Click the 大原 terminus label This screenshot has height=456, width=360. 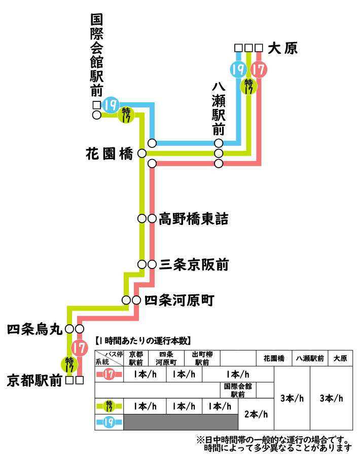tap(283, 49)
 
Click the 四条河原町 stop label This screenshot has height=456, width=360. tap(179, 300)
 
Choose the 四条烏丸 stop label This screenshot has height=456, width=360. tap(34, 330)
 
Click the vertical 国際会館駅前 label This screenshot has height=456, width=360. tap(96, 56)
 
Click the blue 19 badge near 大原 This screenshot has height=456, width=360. tap(238, 69)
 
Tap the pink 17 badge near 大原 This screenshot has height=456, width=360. tap(259, 69)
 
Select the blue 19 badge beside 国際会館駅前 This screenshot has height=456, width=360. tap(111, 105)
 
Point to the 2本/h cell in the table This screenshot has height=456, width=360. tap(256, 414)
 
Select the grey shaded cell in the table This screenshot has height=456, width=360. tap(181, 422)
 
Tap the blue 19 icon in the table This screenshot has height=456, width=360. tap(109, 422)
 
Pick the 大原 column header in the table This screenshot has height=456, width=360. tap(340, 358)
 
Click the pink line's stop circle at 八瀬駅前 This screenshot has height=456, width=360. tap(219, 164)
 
